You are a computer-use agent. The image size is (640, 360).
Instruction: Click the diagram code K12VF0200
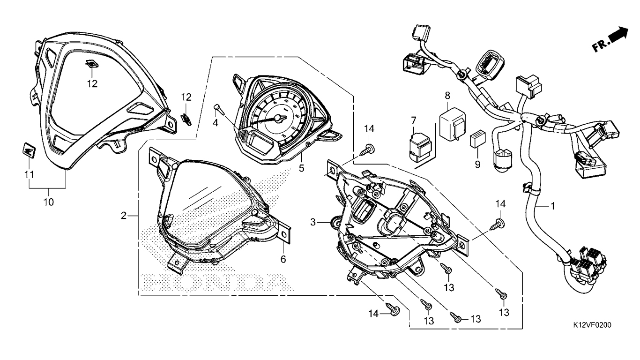[x=592, y=325]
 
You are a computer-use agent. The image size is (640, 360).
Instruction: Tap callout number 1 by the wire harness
[x=553, y=206]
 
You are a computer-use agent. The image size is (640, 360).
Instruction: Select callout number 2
[x=124, y=216]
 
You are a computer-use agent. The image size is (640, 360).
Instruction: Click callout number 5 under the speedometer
[x=302, y=167]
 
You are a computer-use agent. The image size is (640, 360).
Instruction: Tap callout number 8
[x=447, y=96]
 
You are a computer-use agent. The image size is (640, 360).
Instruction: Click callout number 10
[x=49, y=202]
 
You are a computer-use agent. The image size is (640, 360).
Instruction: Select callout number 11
[x=30, y=174]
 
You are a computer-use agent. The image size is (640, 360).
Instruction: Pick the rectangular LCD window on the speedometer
[x=259, y=142]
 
